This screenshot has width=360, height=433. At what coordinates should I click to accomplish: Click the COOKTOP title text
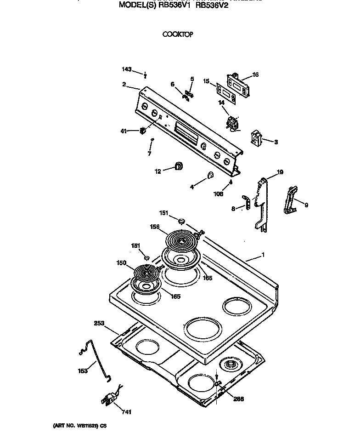pos(177,34)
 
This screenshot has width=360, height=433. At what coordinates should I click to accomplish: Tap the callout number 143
pos(127,69)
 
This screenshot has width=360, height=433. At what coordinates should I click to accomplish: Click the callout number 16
pos(255,74)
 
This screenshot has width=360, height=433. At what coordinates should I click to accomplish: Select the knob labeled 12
pos(178,166)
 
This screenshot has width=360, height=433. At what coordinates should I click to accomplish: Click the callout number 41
pos(123,131)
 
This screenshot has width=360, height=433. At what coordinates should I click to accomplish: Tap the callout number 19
pos(280,172)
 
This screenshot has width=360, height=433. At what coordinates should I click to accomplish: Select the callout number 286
pos(238,399)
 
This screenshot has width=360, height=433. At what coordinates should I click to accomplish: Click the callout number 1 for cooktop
pos(263,255)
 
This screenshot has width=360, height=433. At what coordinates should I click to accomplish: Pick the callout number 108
pos(218,194)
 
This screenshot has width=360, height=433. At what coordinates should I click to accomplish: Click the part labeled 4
pos(209,175)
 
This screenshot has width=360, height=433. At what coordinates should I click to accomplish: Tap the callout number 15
pos(207,81)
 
